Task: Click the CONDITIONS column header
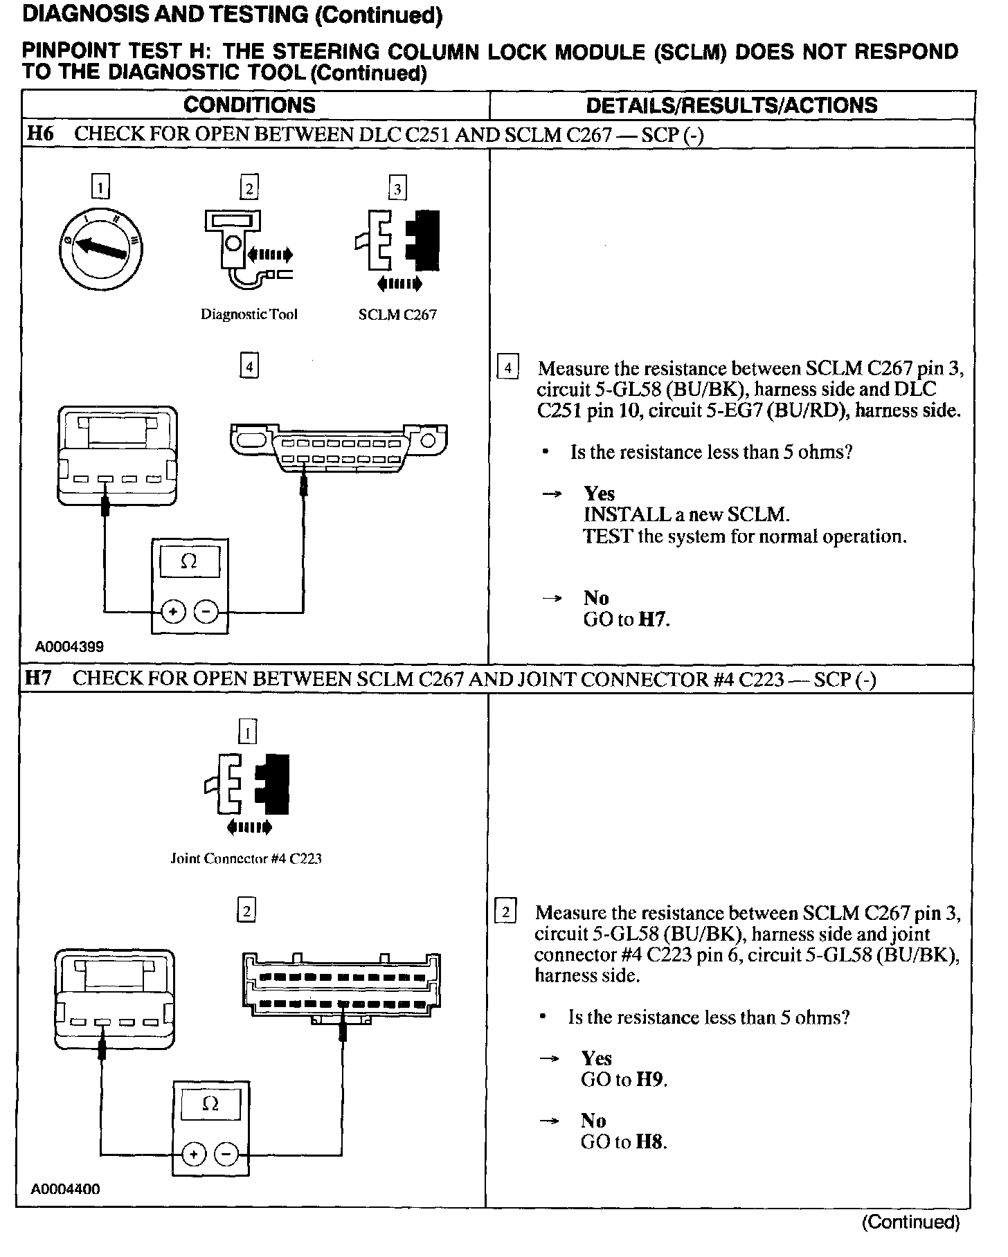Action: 249,105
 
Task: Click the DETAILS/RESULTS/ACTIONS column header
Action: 731,105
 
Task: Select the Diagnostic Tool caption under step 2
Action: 249,314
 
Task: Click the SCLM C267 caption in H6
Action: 397,315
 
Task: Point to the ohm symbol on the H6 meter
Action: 189,562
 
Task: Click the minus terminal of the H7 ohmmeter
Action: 226,1154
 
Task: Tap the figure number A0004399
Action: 70,646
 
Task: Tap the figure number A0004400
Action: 65,1189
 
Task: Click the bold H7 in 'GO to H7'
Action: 652,620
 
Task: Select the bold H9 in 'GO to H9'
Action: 649,1080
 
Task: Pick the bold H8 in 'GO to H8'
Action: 649,1142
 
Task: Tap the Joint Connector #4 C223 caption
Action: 246,859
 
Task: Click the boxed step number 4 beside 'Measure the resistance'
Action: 507,368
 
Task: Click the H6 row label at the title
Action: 39,134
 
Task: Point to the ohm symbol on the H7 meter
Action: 210,1105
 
